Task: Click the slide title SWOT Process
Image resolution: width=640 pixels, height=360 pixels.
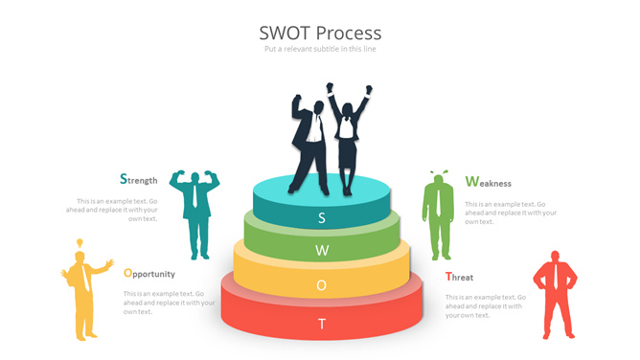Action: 319,34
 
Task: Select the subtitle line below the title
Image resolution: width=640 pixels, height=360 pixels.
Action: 319,49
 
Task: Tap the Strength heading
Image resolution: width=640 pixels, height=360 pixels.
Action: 139,179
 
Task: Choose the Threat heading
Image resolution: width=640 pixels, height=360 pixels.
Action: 459,277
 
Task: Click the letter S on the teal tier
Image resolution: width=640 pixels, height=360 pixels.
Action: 322,217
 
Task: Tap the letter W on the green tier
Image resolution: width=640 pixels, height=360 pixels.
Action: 322,251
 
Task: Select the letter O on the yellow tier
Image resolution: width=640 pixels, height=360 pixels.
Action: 322,285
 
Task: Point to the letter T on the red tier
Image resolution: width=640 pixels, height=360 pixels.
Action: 322,324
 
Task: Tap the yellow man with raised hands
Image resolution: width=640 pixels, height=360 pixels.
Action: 85,292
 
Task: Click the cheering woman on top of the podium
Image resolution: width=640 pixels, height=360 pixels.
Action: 347,134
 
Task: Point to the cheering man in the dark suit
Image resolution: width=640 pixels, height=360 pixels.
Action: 309,139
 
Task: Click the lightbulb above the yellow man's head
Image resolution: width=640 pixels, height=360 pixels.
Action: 81,243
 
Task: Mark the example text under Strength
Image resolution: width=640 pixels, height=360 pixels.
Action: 118,210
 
